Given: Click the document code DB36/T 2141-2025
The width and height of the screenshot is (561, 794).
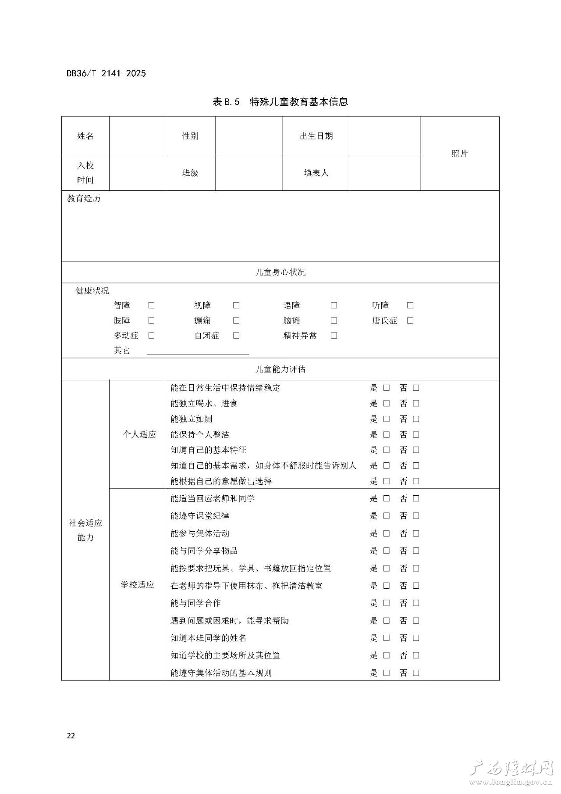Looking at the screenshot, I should [106, 73].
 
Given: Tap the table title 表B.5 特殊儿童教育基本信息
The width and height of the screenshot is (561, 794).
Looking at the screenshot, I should [280, 102].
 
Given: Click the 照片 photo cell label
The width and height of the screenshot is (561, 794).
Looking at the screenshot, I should [460, 154].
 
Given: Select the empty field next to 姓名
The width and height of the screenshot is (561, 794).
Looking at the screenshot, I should [137, 136].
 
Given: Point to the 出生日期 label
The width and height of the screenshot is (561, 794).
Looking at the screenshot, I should [316, 136].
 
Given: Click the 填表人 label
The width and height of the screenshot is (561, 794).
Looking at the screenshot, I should [316, 173].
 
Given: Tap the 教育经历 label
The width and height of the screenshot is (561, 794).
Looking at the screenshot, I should [84, 198].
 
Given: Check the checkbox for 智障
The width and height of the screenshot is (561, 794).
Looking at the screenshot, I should [152, 305].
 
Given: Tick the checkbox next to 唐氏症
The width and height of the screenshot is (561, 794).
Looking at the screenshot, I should [410, 321].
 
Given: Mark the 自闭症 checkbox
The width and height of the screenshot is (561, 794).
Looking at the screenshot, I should [236, 336].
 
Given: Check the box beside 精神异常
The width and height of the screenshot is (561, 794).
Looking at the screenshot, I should [334, 336].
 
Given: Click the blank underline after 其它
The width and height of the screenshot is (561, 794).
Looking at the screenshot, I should [198, 351].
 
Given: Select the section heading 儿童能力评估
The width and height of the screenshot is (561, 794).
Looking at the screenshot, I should [280, 369].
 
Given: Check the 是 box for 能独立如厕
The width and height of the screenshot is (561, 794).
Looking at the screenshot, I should [386, 419].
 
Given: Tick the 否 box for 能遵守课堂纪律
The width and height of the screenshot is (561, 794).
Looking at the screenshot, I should [416, 516].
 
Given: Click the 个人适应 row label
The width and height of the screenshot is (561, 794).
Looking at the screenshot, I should [139, 434].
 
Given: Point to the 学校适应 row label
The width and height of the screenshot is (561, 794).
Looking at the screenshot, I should [138, 585].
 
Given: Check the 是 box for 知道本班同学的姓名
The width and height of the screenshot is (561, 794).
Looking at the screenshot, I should [386, 638].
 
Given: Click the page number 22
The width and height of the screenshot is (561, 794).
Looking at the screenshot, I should [71, 736].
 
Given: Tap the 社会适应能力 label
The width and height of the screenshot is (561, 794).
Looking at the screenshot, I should [85, 530].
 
